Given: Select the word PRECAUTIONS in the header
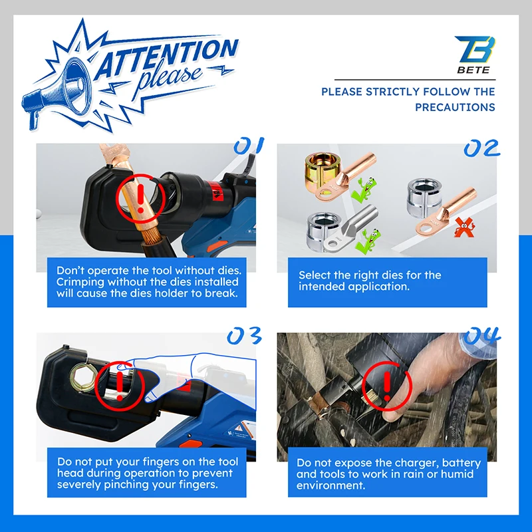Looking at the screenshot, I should point(455,107).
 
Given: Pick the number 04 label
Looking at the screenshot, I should point(482,336).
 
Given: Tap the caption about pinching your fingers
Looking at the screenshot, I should point(146,473).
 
